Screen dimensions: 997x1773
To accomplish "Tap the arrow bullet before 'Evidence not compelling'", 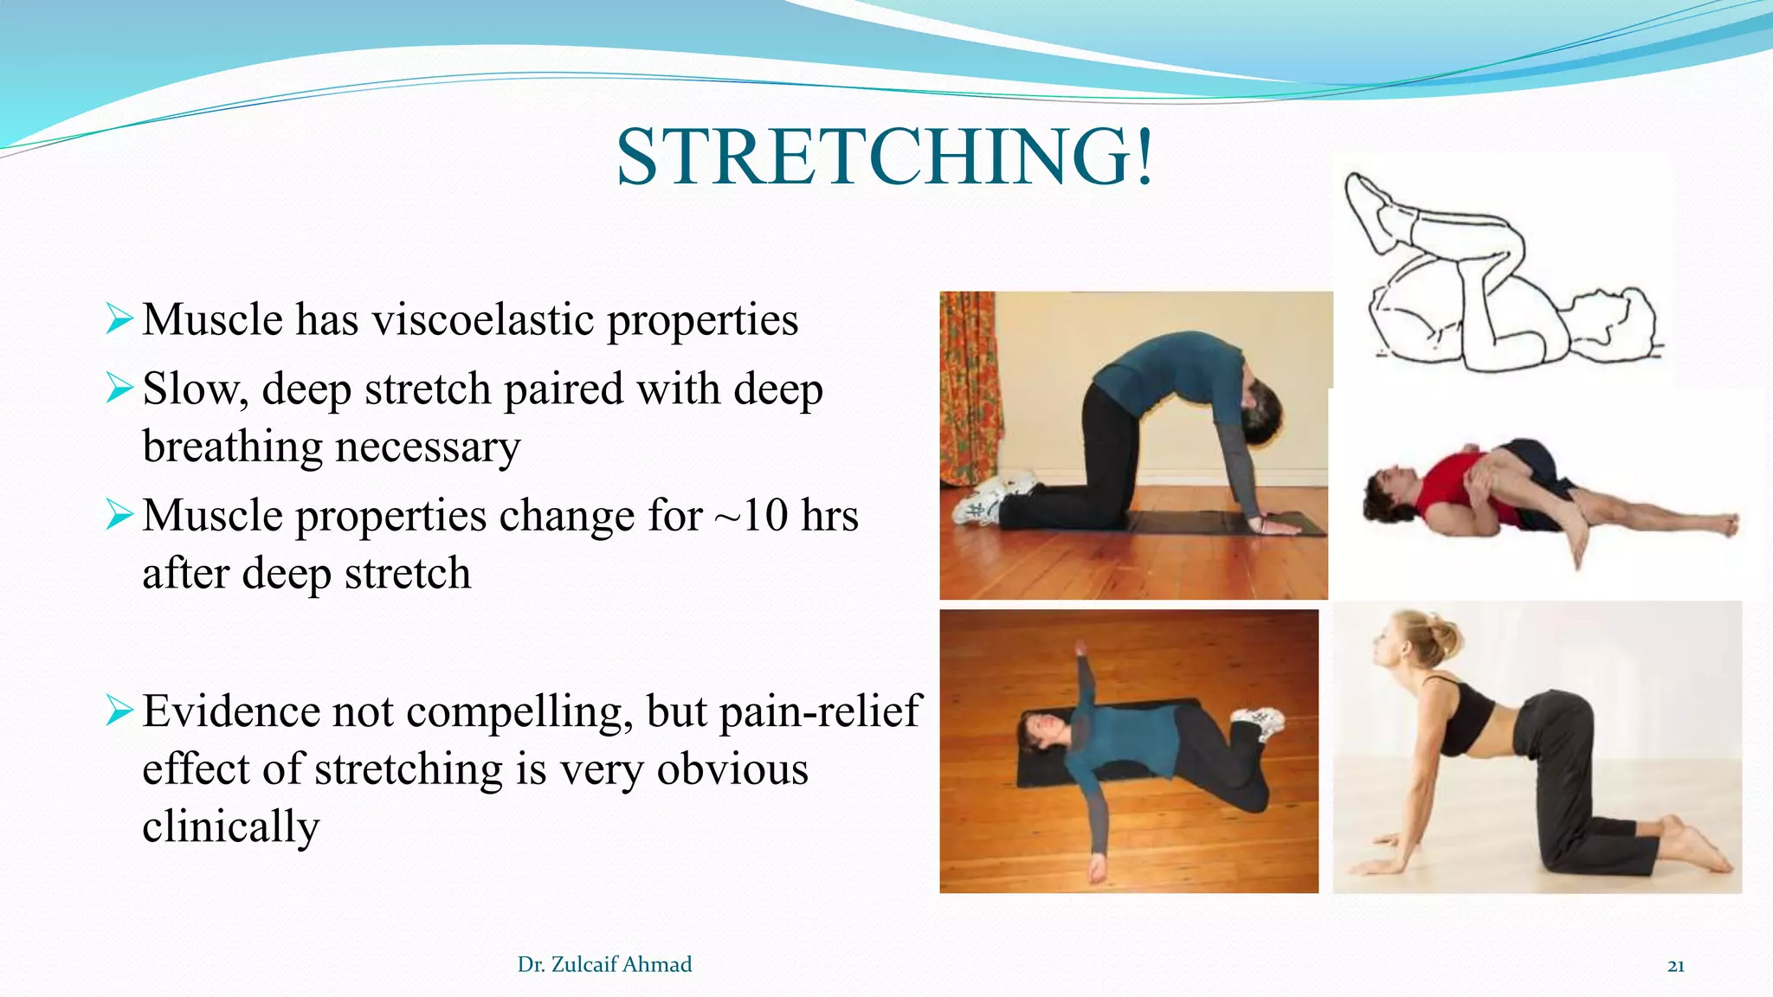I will (119, 711).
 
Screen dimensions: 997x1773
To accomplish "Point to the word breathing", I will (232, 447).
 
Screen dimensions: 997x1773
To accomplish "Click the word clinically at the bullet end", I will (230, 827).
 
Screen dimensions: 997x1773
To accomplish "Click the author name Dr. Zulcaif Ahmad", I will (604, 965).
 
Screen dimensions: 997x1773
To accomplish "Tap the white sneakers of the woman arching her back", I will (991, 500).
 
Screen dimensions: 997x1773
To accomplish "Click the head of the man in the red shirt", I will (1389, 490).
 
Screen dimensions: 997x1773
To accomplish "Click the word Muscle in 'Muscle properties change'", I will (212, 517).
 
